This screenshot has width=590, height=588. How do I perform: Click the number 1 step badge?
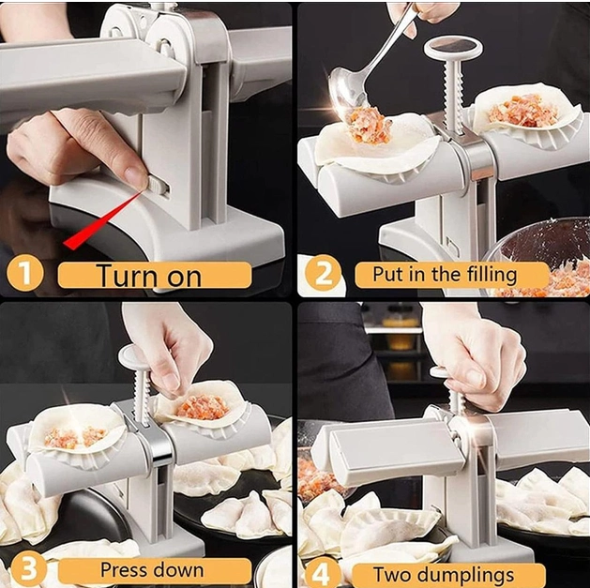24,274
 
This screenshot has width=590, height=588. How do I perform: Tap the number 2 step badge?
324,275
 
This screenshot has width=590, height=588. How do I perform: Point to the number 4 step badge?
322,573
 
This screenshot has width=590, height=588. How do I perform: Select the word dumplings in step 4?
465,575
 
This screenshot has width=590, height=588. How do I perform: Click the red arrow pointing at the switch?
104,219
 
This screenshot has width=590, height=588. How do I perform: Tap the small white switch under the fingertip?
157,185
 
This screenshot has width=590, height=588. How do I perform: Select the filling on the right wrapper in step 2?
522,111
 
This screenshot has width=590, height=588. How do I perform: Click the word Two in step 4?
392,575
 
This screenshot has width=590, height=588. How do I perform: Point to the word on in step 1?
184,278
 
